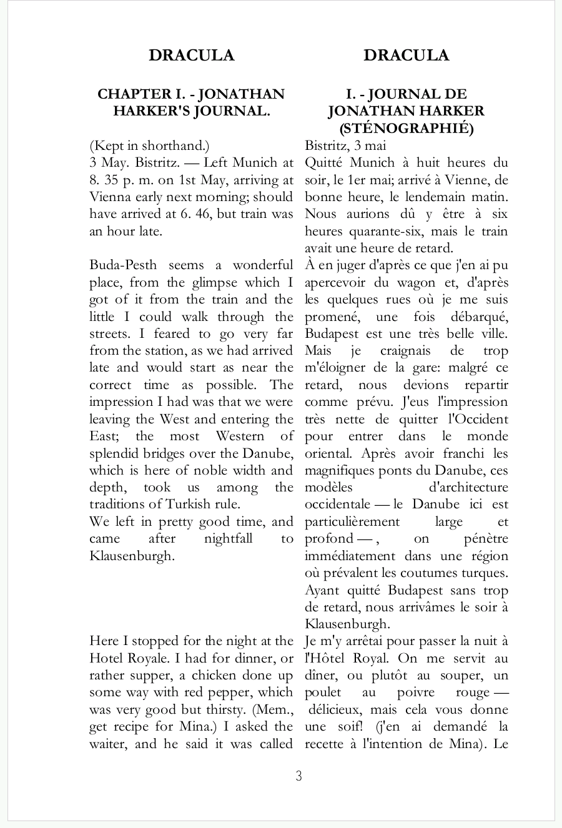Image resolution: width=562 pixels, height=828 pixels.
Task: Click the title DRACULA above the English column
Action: point(191,56)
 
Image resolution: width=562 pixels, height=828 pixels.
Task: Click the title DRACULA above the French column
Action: point(407,56)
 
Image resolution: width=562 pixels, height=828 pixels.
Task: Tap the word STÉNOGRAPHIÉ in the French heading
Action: point(409,129)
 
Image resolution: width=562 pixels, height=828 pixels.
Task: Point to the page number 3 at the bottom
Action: point(298,776)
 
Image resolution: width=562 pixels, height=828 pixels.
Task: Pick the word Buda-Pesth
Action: point(123,265)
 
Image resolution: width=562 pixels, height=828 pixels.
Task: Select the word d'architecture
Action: point(468,487)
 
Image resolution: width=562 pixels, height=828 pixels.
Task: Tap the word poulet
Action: point(323,692)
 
